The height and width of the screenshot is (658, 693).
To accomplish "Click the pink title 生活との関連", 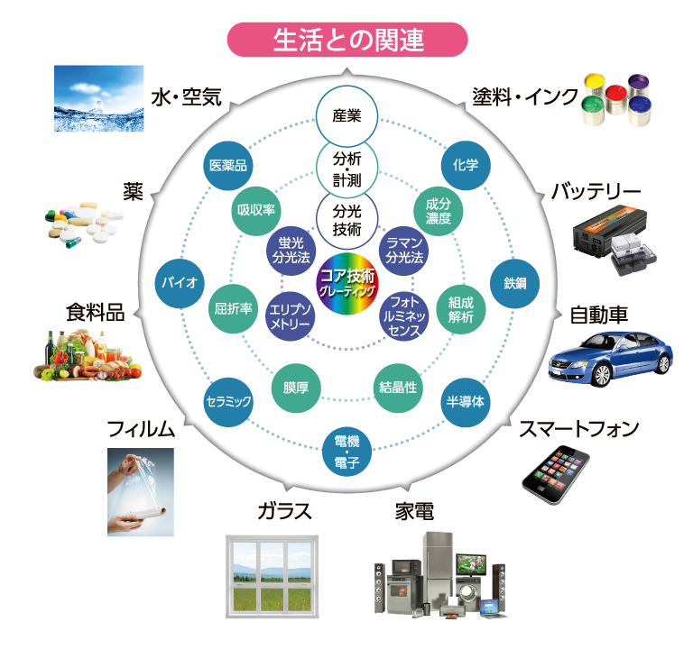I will [x=347, y=41].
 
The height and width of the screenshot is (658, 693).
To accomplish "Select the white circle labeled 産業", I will [x=346, y=116].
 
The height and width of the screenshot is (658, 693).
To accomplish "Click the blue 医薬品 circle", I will [x=227, y=165].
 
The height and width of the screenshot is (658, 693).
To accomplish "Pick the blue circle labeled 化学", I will [x=466, y=165].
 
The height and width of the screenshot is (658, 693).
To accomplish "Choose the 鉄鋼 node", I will [x=514, y=282].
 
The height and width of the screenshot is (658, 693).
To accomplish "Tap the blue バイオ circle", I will [x=179, y=282].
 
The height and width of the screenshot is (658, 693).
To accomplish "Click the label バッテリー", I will [x=596, y=192].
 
